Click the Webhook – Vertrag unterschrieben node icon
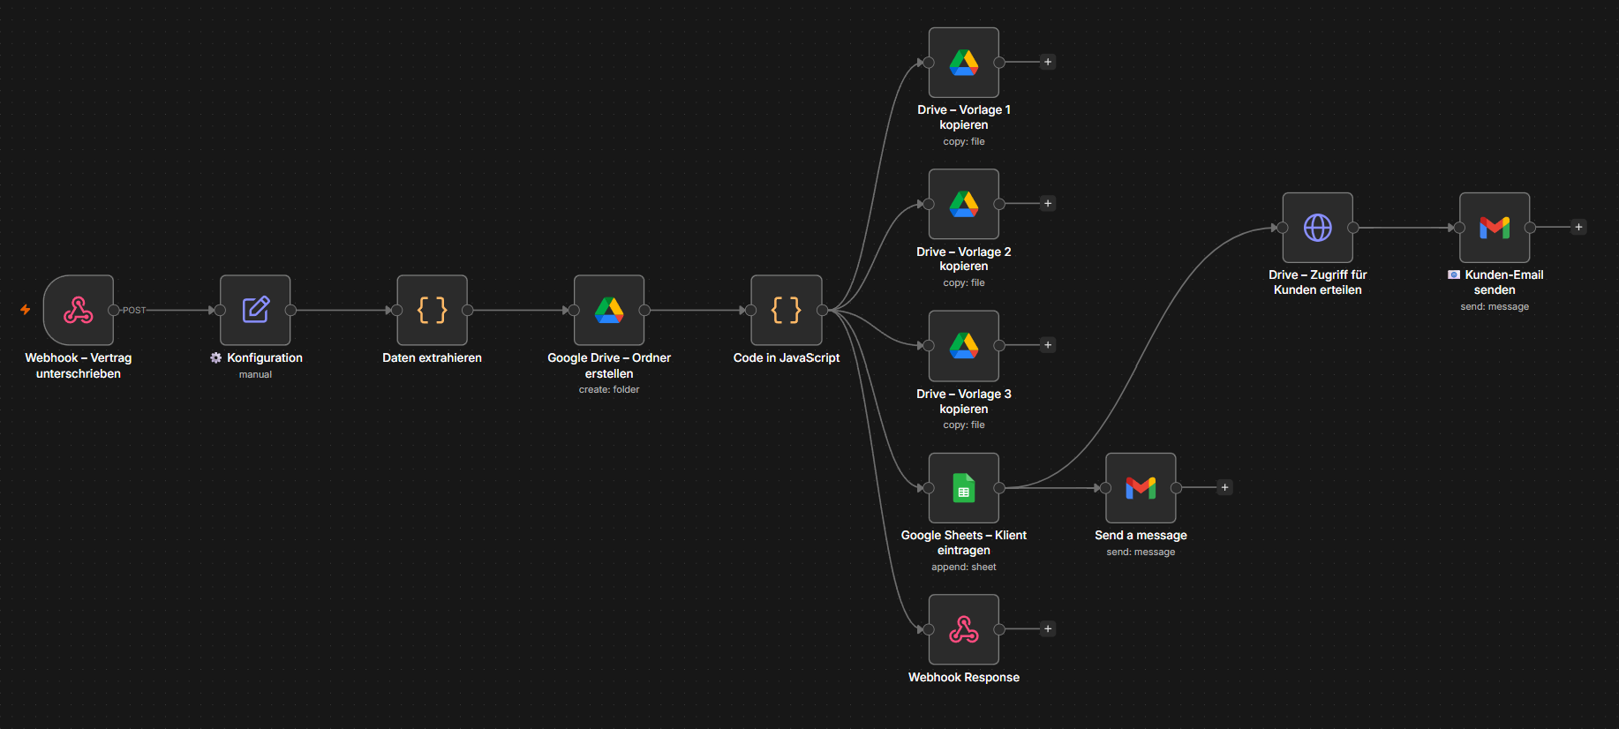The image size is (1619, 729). (x=79, y=310)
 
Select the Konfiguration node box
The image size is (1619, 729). (x=255, y=310)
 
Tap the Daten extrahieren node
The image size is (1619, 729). (x=433, y=310)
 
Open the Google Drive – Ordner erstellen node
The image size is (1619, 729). (x=609, y=310)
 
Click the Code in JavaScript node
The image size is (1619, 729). (x=787, y=310)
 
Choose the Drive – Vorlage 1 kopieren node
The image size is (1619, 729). (x=964, y=63)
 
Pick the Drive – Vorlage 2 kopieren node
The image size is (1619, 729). (x=964, y=204)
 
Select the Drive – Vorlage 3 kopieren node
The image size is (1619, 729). (x=964, y=346)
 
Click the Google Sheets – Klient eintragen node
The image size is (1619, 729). (x=964, y=488)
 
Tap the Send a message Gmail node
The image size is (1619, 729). (x=1141, y=488)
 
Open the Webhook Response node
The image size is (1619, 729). (x=964, y=629)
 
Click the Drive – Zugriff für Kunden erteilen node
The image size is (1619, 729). (x=1318, y=228)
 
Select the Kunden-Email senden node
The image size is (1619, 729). (x=1495, y=228)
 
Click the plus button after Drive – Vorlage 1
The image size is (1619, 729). (x=1048, y=62)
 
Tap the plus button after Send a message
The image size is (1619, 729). (x=1224, y=487)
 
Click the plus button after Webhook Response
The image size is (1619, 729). (x=1048, y=629)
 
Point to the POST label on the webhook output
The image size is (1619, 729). (x=134, y=311)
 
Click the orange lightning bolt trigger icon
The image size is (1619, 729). (x=26, y=310)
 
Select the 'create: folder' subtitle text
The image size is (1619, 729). (x=609, y=389)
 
